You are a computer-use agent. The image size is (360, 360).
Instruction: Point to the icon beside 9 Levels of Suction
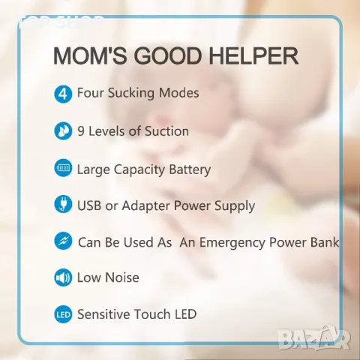pyautogui.click(x=63, y=131)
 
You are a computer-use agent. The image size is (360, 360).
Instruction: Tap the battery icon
pyautogui.click(x=63, y=168)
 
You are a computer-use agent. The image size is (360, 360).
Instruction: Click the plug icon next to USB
pyautogui.click(x=63, y=204)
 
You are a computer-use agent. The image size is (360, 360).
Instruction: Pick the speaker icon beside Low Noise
pyautogui.click(x=63, y=277)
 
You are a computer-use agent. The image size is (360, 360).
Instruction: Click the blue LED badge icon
pyautogui.click(x=63, y=314)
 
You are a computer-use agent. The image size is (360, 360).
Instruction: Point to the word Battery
pyautogui.click(x=187, y=169)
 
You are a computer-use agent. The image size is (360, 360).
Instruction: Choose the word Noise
pyautogui.click(x=123, y=278)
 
